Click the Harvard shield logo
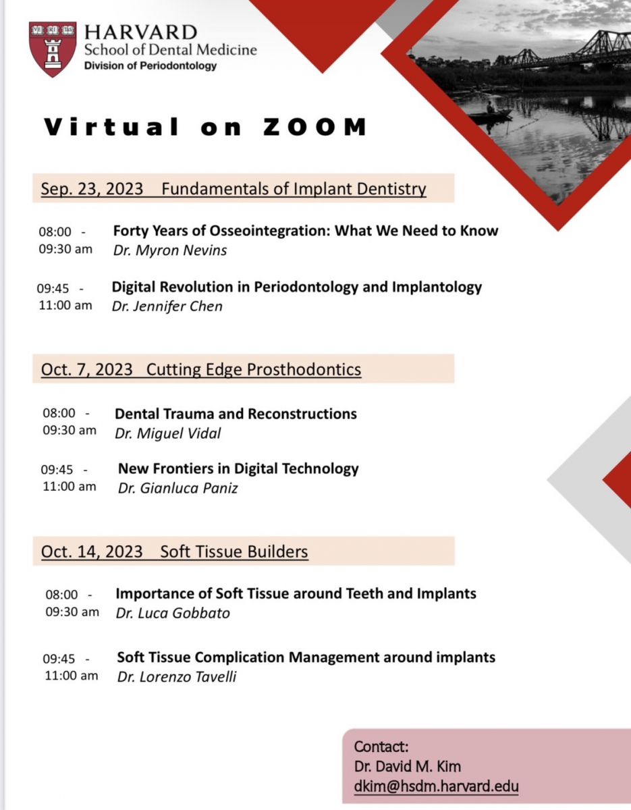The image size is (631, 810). (x=53, y=49)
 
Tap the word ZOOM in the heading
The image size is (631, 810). (x=315, y=127)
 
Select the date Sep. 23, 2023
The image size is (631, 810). (x=92, y=188)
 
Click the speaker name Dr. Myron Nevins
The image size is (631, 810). (x=170, y=250)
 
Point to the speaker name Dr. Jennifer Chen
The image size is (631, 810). (x=167, y=306)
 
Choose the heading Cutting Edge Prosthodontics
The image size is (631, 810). (x=254, y=369)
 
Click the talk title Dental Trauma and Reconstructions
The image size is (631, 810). (x=236, y=414)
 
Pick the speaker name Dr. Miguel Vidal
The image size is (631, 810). (x=168, y=433)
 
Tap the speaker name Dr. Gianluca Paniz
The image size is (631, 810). (x=177, y=488)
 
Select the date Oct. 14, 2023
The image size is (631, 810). (x=92, y=551)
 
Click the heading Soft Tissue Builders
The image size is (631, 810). (x=234, y=551)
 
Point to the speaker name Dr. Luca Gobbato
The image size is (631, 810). (x=173, y=613)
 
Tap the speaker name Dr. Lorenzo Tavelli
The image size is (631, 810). (x=177, y=676)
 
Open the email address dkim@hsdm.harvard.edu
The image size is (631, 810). (x=436, y=786)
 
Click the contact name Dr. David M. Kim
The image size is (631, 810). (x=408, y=766)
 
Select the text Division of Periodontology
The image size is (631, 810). (x=150, y=66)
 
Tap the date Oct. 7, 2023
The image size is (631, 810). (x=87, y=369)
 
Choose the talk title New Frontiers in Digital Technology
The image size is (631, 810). (x=238, y=469)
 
